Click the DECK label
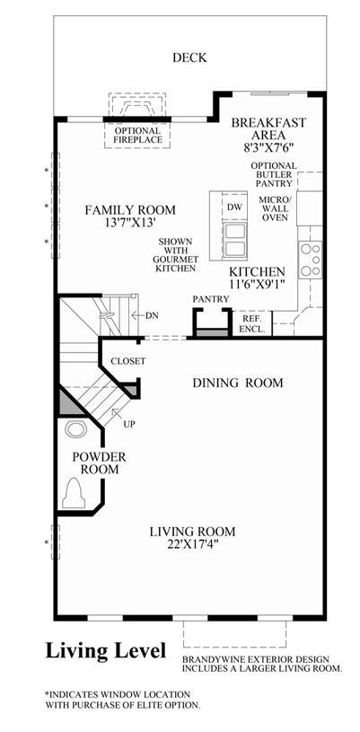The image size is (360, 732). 189,57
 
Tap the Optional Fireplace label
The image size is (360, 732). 137,135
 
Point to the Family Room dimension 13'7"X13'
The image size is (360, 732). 130,223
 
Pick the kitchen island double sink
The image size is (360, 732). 234,239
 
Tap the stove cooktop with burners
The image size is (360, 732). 311,259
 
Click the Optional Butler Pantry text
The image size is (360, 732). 274,174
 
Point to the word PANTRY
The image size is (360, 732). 211,299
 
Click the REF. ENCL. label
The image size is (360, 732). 251,323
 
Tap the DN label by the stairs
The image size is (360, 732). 152,315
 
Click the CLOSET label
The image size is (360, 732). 128,361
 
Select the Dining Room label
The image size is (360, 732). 238,384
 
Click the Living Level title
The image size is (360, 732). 106,650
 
